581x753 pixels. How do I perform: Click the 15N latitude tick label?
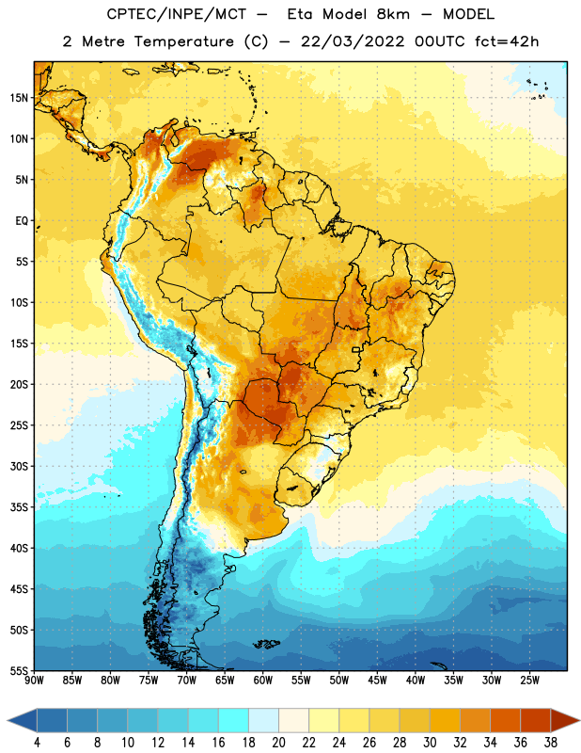click(x=19, y=98)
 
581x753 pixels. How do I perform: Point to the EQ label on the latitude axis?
click(x=22, y=221)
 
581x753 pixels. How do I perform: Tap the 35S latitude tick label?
click(x=19, y=507)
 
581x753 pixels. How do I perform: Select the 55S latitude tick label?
click(x=19, y=670)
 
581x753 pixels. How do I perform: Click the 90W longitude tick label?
click(x=34, y=680)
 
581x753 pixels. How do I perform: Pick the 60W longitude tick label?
click(x=263, y=680)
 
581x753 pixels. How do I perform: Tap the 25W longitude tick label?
click(x=529, y=680)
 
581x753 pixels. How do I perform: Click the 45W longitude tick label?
click(x=377, y=680)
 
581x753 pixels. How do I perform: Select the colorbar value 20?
click(x=278, y=743)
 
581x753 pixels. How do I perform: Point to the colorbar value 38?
click(x=551, y=743)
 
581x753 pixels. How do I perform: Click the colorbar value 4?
click(x=37, y=743)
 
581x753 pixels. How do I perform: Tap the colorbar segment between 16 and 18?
click(x=234, y=720)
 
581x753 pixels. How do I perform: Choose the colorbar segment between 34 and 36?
click(x=506, y=720)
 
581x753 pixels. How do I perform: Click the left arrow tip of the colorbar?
click(x=8, y=720)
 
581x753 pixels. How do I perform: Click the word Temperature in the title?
click(x=183, y=41)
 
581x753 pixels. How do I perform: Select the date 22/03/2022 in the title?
click(x=353, y=41)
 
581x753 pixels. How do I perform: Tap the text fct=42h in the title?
click(x=507, y=41)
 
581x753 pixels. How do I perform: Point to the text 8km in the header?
click(x=393, y=14)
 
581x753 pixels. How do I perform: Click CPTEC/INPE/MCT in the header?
click(x=177, y=14)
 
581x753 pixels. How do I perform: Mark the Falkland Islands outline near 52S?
click(x=266, y=644)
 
